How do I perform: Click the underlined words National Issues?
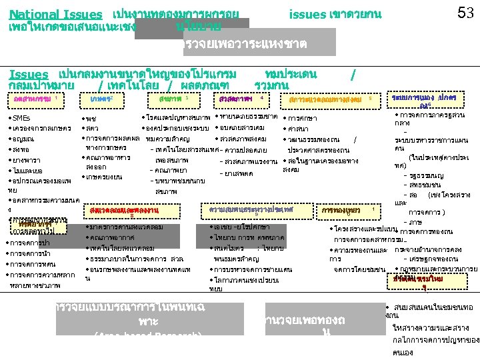56,15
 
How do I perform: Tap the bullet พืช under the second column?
91,118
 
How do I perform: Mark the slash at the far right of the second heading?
352,73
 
